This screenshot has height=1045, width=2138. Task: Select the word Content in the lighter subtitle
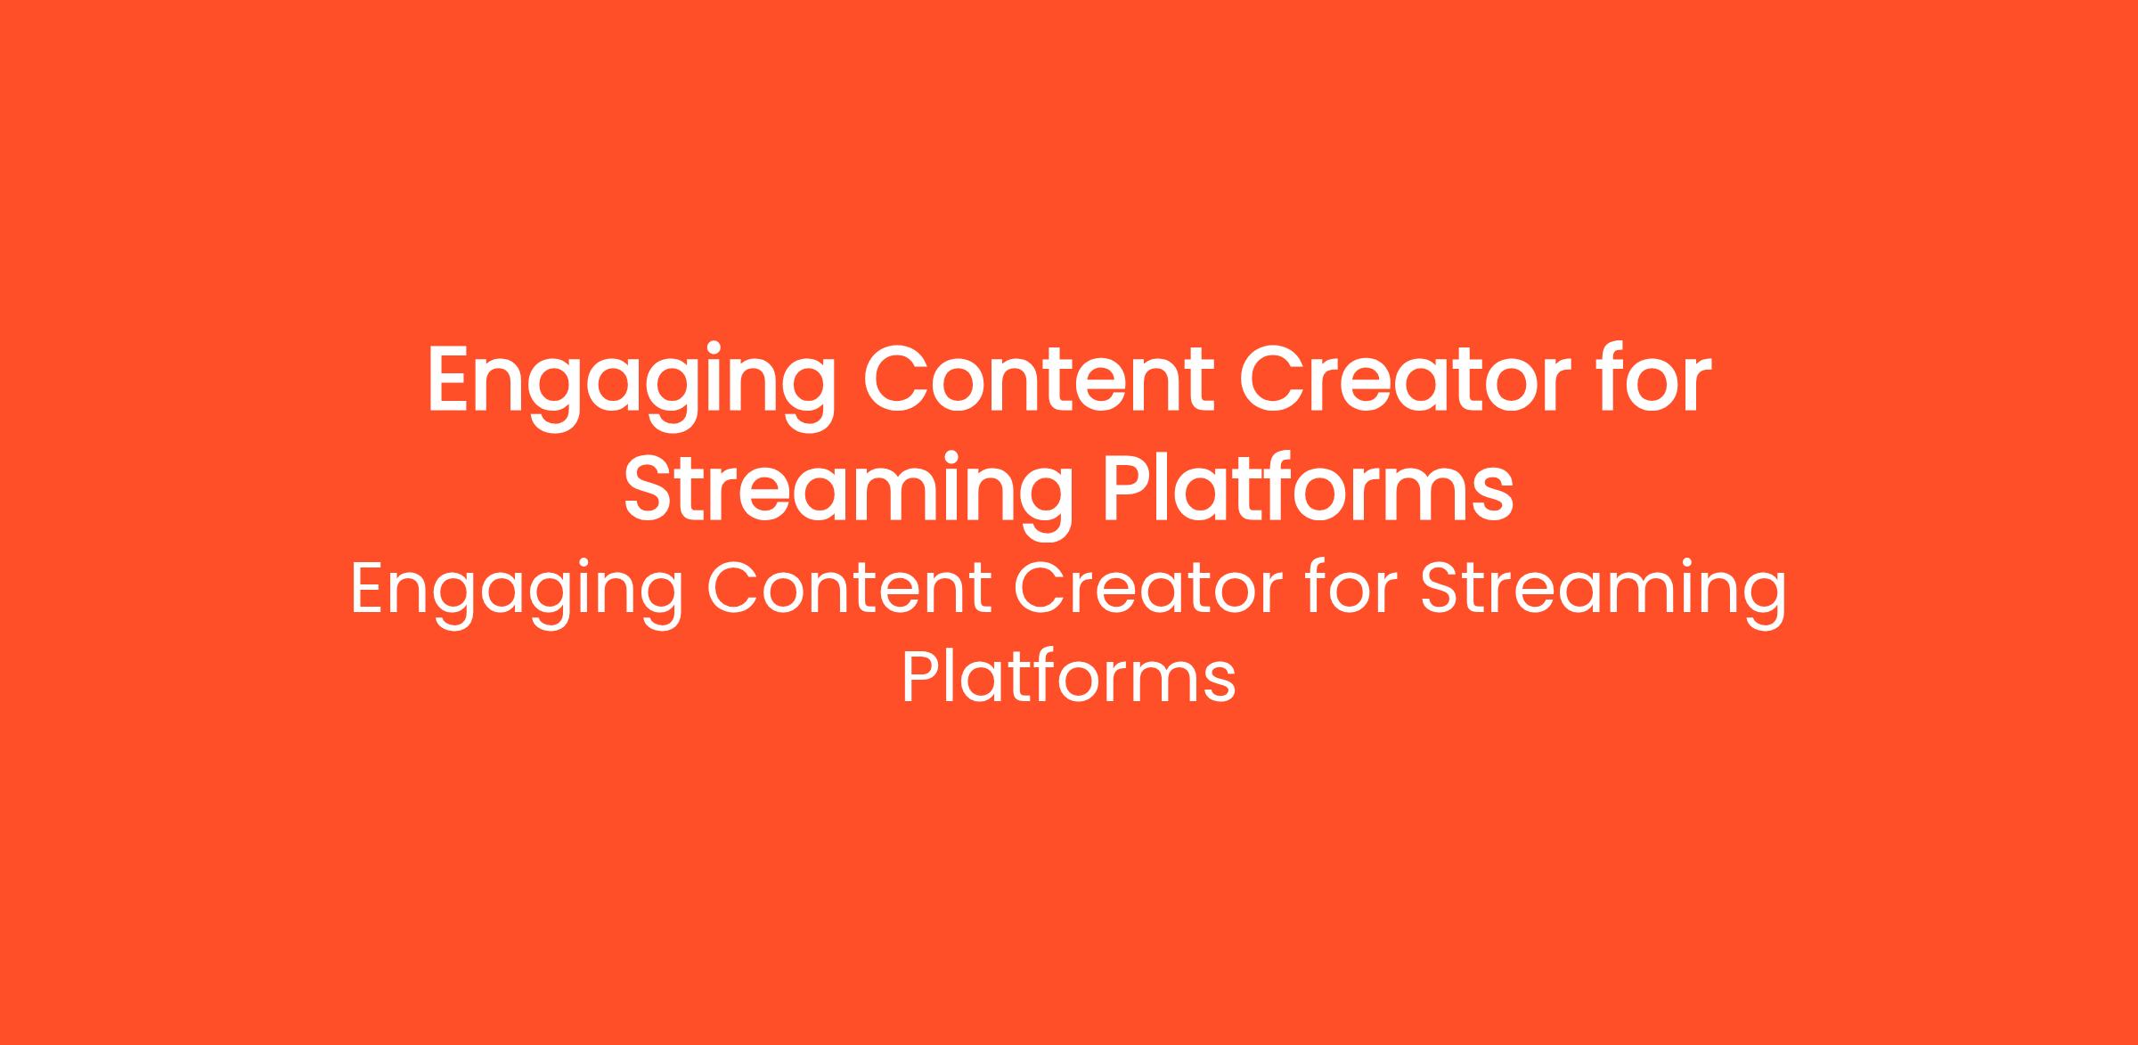849,589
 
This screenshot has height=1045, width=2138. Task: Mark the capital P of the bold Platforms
1127,488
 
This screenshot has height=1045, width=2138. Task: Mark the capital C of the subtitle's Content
732,589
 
